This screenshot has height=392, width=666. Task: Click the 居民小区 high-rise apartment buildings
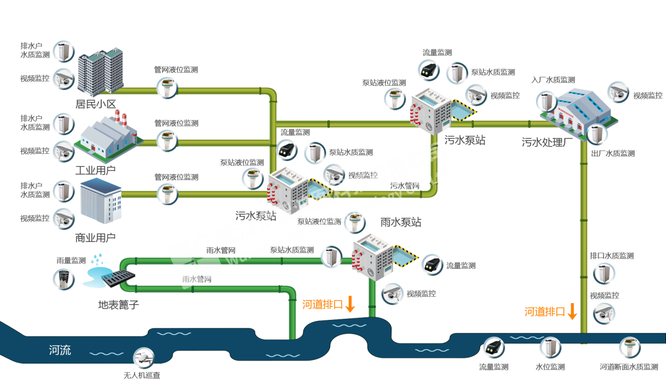tap(100, 72)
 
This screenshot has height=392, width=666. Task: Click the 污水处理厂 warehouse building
tap(579, 114)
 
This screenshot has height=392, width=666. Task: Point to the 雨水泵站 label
tap(401, 222)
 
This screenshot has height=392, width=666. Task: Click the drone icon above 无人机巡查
tap(143, 357)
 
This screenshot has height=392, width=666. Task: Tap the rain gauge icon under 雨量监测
tap(64, 279)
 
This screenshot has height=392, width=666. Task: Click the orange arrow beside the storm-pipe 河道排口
tap(350, 304)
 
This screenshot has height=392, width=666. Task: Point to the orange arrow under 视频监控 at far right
tap(572, 311)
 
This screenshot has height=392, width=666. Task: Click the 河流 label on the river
tap(60, 350)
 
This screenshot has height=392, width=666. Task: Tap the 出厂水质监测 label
tap(613, 153)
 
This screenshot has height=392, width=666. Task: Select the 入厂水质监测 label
tap(553, 79)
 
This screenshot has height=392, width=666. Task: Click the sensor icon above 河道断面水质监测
tap(630, 347)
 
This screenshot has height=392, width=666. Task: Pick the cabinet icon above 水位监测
tap(550, 347)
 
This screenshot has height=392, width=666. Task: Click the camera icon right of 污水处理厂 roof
tap(619, 92)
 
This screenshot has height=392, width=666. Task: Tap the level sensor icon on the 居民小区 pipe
tap(167, 88)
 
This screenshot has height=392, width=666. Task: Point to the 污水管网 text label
tap(405, 186)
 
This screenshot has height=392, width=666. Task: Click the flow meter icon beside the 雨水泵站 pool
tap(432, 265)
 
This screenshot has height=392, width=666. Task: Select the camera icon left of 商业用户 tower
tap(64, 219)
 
